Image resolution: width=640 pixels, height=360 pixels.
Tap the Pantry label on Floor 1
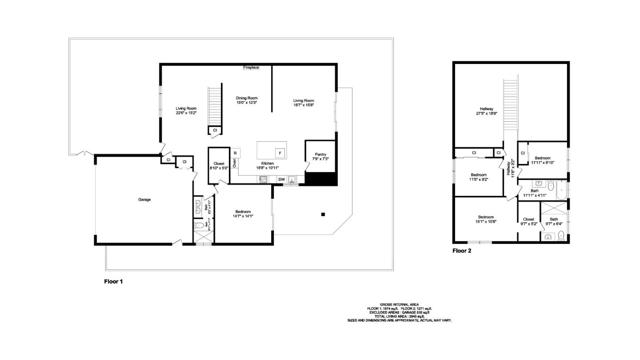pos(320,156)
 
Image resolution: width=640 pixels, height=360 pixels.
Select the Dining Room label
pos(247,99)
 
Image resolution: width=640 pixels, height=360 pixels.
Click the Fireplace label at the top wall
pos(252,68)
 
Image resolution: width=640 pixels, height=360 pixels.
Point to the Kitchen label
pos(267,165)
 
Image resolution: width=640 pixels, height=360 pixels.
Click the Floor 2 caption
pos(461,251)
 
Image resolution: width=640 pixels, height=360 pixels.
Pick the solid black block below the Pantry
pos(318,179)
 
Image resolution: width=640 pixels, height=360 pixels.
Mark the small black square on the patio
pos(323,213)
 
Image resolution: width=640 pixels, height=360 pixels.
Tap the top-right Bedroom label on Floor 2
pos(543,160)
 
